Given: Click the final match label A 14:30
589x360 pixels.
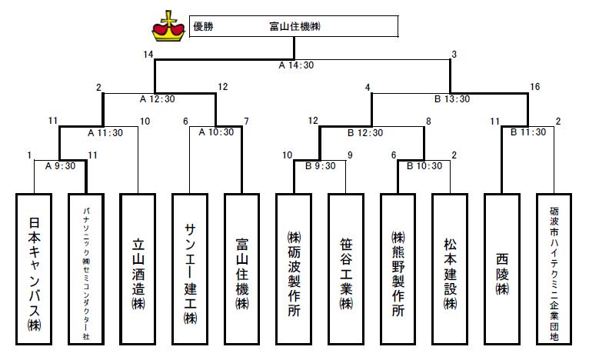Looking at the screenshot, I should pyautogui.click(x=296, y=65).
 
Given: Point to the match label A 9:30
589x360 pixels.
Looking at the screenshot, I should pyautogui.click(x=58, y=165).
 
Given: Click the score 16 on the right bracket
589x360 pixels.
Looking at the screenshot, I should pyautogui.click(x=535, y=87).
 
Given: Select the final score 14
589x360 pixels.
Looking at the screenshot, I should pyautogui.click(x=148, y=54).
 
